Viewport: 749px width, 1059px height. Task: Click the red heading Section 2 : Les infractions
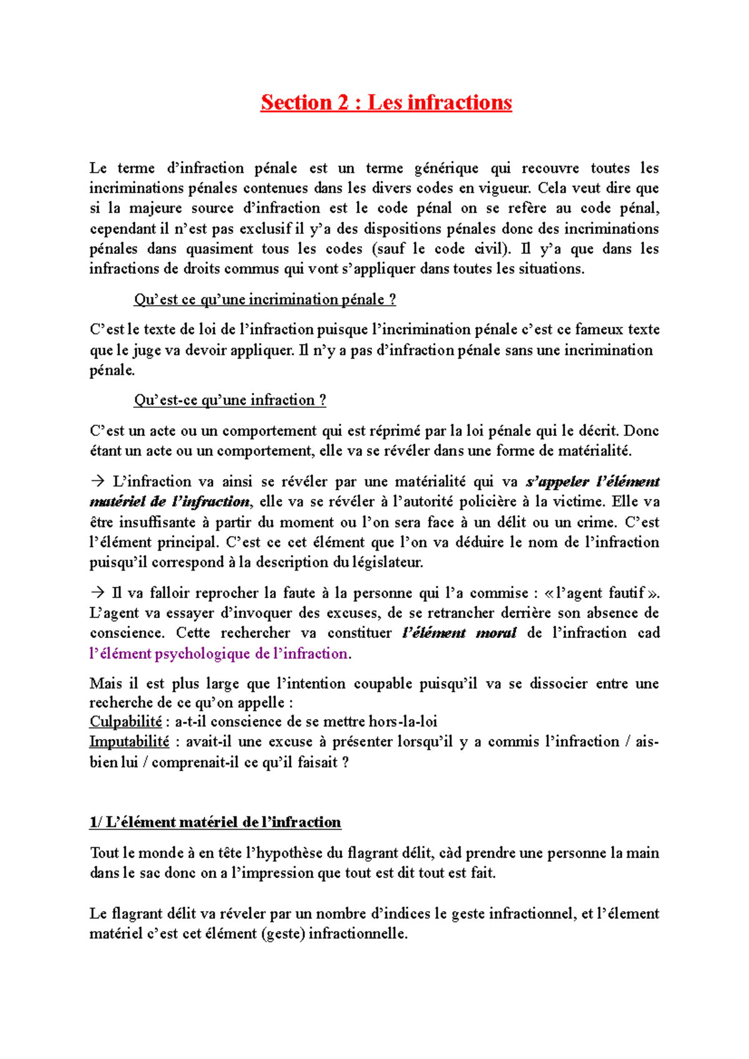386,102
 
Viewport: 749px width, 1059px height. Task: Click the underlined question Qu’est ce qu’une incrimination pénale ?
265,299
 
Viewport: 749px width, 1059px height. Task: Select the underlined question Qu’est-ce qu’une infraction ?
230,400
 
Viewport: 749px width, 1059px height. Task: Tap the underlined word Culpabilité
125,722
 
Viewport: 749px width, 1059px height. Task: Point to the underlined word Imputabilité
129,742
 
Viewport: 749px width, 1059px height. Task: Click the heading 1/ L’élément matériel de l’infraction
215,822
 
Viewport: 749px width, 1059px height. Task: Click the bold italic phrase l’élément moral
459,633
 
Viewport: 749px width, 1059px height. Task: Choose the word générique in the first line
446,168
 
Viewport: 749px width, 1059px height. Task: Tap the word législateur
387,562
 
